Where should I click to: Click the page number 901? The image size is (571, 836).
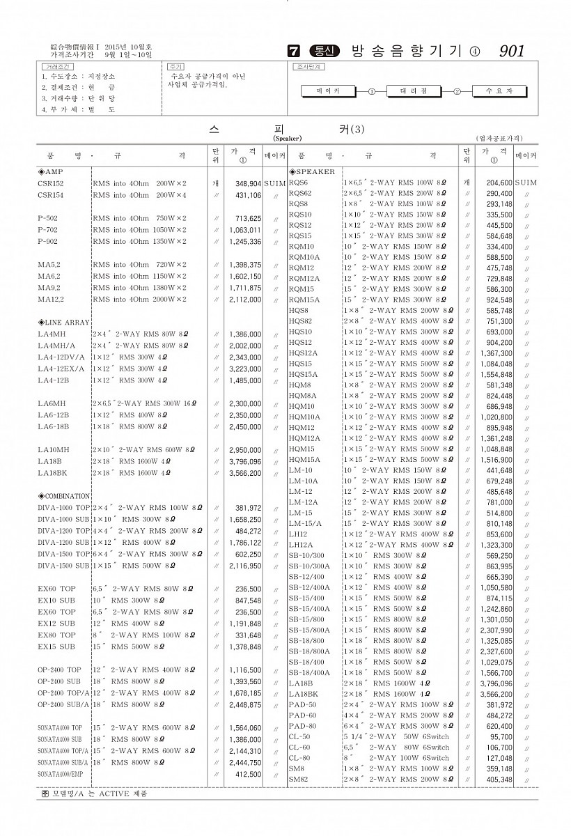[512, 51]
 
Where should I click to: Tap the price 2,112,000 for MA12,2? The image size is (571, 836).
[247, 300]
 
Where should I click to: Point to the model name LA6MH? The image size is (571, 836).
[52, 404]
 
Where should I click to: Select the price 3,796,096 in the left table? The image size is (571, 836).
[245, 462]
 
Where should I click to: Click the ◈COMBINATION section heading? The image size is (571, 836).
[64, 496]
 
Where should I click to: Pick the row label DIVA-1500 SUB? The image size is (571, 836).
[63, 566]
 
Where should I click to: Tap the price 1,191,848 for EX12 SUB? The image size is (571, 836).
[245, 624]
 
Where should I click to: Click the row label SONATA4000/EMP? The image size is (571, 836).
[61, 775]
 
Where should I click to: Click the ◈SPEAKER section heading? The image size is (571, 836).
[312, 171]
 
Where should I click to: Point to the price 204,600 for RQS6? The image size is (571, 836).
[494, 183]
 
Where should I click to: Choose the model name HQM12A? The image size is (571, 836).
[304, 438]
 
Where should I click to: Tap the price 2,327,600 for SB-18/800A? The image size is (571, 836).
[494, 651]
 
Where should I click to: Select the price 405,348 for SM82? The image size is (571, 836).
[495, 779]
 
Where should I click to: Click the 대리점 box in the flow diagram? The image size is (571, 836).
[413, 91]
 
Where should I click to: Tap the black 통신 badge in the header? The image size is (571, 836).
[324, 51]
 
